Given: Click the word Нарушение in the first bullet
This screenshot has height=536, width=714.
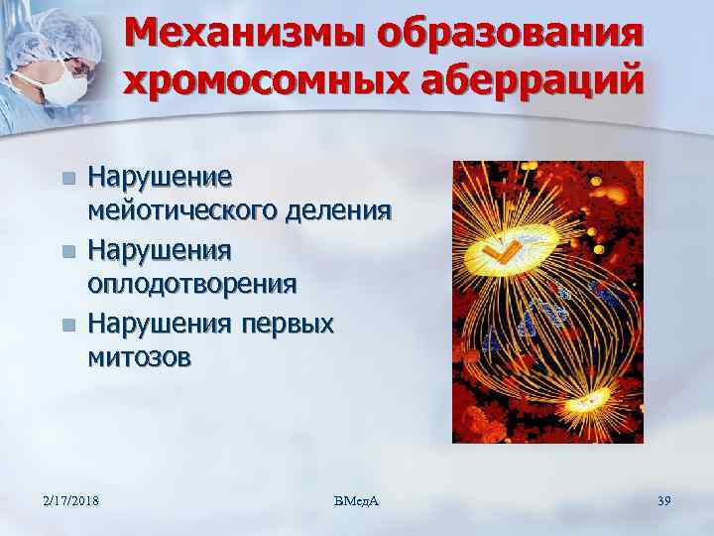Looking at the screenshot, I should tap(161, 179).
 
